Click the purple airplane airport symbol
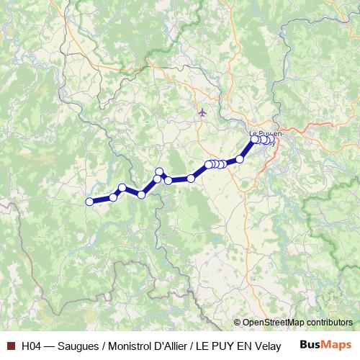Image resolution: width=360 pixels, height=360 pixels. pyautogui.click(x=202, y=112)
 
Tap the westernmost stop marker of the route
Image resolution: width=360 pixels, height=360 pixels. pyautogui.click(x=89, y=202)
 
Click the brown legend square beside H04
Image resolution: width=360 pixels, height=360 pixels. pyautogui.click(x=10, y=346)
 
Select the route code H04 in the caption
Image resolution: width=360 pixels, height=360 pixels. pyautogui.click(x=32, y=346)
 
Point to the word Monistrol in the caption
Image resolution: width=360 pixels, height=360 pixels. pyautogui.click(x=130, y=346)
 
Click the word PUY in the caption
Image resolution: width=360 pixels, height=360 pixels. pyautogui.click(x=223, y=346)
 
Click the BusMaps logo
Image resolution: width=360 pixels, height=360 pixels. pyautogui.click(x=325, y=345)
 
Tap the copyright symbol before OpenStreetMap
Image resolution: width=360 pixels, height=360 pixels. pyautogui.click(x=238, y=323)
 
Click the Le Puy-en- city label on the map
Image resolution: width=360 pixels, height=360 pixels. pyautogui.click(x=266, y=133)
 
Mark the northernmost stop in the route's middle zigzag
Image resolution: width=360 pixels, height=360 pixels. pyautogui.click(x=160, y=171)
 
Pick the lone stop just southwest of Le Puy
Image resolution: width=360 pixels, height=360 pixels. pyautogui.click(x=240, y=159)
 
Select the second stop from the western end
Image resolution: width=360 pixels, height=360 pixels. pyautogui.click(x=113, y=197)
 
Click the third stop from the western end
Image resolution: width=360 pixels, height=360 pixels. pyautogui.click(x=122, y=188)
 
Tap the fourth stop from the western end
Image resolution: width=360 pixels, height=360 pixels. pyautogui.click(x=142, y=194)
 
